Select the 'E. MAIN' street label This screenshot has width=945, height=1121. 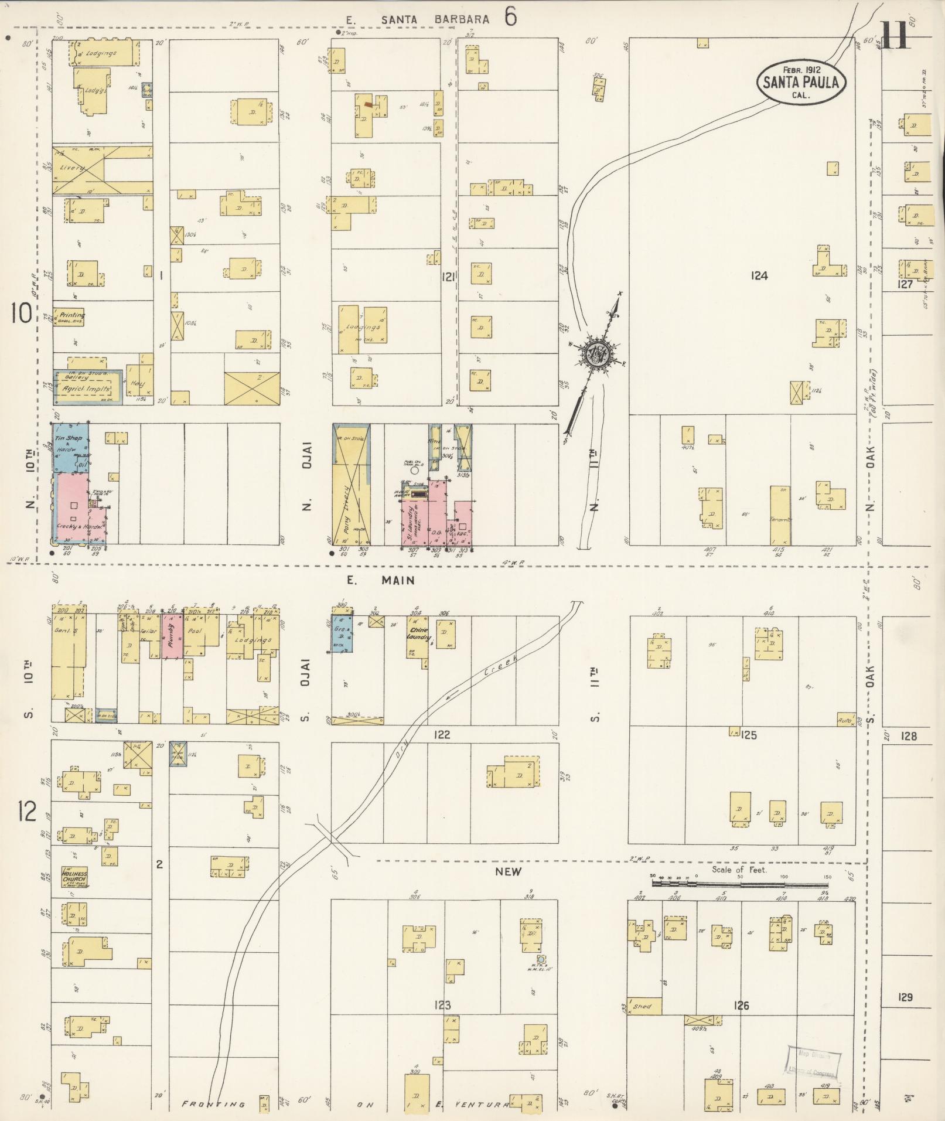[380, 580]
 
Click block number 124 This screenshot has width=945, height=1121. [759, 275]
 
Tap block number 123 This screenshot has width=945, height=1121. [442, 1006]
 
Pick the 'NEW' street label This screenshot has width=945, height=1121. [508, 871]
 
